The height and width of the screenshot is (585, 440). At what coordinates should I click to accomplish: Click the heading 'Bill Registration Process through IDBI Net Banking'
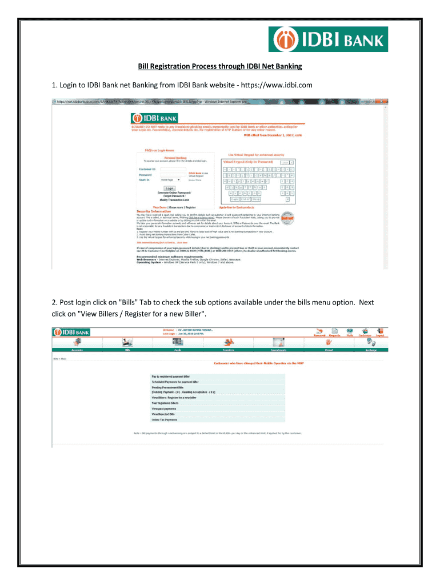click(220, 66)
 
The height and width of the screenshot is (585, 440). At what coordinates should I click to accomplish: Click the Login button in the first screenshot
click(170, 187)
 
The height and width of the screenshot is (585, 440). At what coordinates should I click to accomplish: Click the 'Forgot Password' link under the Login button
click(169, 195)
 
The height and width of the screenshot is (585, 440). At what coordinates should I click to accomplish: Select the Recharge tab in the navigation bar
click(371, 349)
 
